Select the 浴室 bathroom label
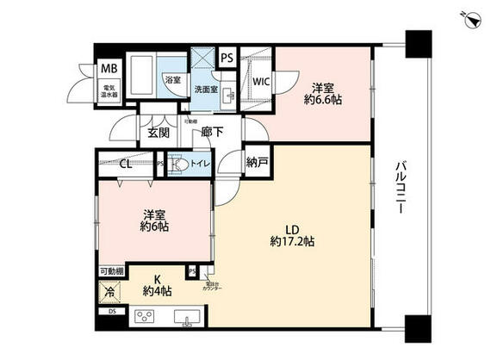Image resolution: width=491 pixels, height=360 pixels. pyautogui.click(x=172, y=80)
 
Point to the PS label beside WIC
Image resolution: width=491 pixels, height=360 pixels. pyautogui.click(x=227, y=58)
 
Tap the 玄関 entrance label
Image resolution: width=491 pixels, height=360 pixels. pyautogui.click(x=158, y=133)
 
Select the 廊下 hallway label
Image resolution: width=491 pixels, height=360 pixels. pyautogui.click(x=213, y=133)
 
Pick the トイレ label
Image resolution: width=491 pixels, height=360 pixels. pyautogui.click(x=200, y=162)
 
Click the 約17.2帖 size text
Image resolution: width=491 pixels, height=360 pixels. pyautogui.click(x=291, y=242)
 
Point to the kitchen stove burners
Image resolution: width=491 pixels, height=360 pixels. pyautogui.click(x=144, y=317)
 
